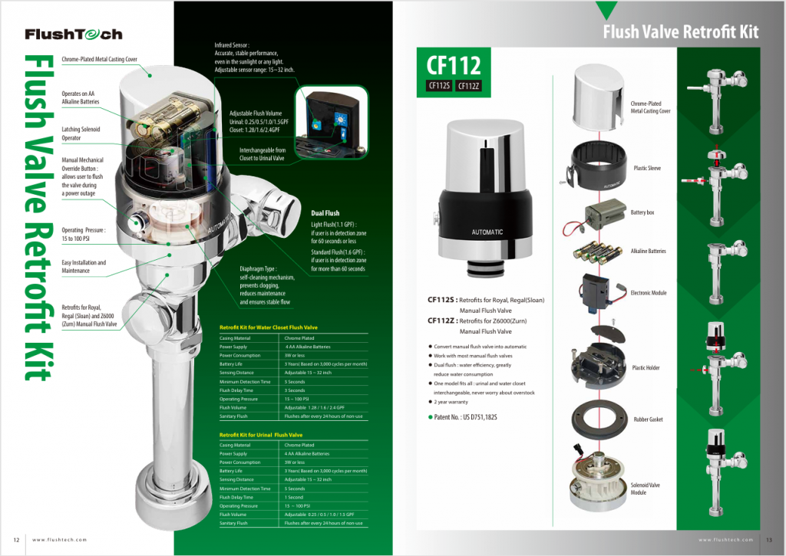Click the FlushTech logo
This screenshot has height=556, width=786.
pyautogui.click(x=73, y=35)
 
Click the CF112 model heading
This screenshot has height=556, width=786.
pyautogui.click(x=449, y=64)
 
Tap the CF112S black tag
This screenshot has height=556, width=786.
pyautogui.click(x=438, y=85)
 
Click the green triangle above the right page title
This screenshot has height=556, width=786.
pyautogui.click(x=606, y=10)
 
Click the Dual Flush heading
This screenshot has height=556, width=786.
pyautogui.click(x=325, y=213)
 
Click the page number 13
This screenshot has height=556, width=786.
pyautogui.click(x=769, y=539)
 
